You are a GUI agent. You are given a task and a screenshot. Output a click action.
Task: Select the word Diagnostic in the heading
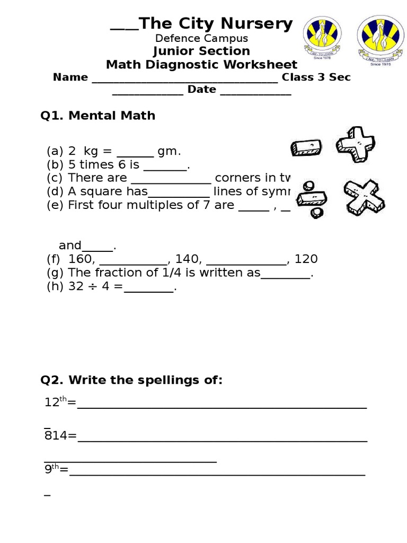[200, 65]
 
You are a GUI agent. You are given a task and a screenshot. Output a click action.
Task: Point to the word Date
[201, 90]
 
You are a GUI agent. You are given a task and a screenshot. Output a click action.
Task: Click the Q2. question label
[52, 380]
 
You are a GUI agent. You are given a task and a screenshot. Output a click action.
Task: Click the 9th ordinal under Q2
[52, 469]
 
